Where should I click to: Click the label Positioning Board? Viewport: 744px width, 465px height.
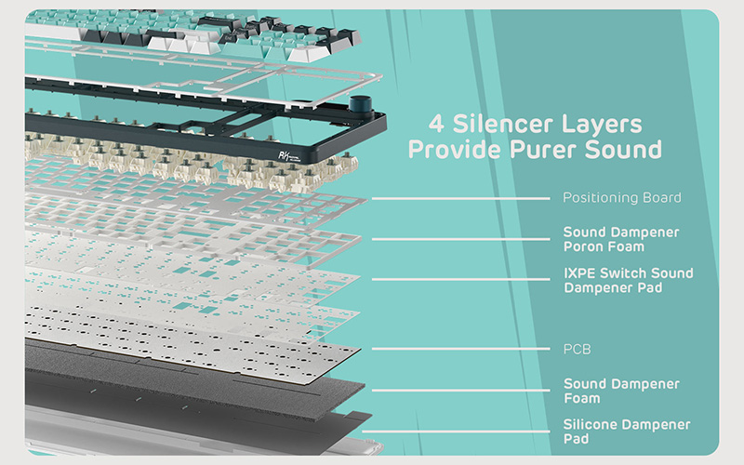pos(621,197)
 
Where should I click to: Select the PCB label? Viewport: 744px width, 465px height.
pos(577,350)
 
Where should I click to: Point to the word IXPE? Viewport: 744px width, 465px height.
pos(579,273)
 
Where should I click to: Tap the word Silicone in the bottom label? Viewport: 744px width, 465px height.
pos(591,424)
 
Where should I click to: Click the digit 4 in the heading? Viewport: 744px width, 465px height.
pos(436,124)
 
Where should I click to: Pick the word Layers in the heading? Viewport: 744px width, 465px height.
pos(602,125)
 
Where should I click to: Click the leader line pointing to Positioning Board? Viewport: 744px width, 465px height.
pos(460,198)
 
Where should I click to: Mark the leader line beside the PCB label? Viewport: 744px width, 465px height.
pos(460,349)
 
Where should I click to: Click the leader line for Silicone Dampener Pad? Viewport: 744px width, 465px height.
pos(456,432)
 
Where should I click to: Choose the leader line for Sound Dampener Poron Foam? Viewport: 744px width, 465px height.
pos(460,239)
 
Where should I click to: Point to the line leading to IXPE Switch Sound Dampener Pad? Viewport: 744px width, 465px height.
pos(460,280)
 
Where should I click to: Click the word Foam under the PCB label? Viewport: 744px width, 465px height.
pos(582,398)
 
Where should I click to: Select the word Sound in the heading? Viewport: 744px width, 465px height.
pos(623,149)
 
